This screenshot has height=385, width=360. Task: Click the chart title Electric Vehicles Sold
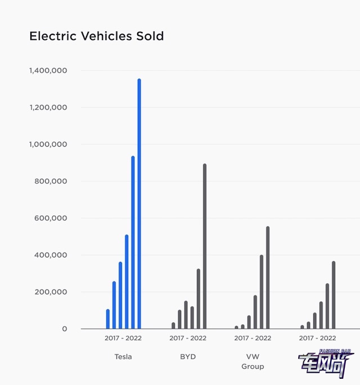pyautogui.click(x=96, y=37)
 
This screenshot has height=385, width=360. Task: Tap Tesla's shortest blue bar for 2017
pyautogui.click(x=108, y=319)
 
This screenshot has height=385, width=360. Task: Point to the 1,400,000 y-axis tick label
pyautogui.click(x=48, y=71)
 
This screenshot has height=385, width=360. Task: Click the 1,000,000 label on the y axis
pyautogui.click(x=48, y=144)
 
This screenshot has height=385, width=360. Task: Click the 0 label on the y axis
pyautogui.click(x=64, y=329)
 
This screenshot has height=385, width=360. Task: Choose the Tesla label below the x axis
pyautogui.click(x=123, y=356)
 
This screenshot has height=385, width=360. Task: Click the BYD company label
pyautogui.click(x=188, y=356)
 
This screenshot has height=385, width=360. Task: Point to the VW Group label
pyautogui.click(x=253, y=361)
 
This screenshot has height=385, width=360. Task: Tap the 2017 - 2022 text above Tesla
pyautogui.click(x=123, y=338)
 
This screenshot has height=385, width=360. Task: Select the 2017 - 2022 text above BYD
pyautogui.click(x=188, y=338)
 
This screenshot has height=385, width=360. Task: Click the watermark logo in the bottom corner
pyautogui.click(x=326, y=363)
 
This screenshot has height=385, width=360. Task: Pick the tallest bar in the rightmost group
pyautogui.click(x=334, y=295)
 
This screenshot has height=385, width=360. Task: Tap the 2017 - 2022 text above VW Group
pyautogui.click(x=253, y=338)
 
